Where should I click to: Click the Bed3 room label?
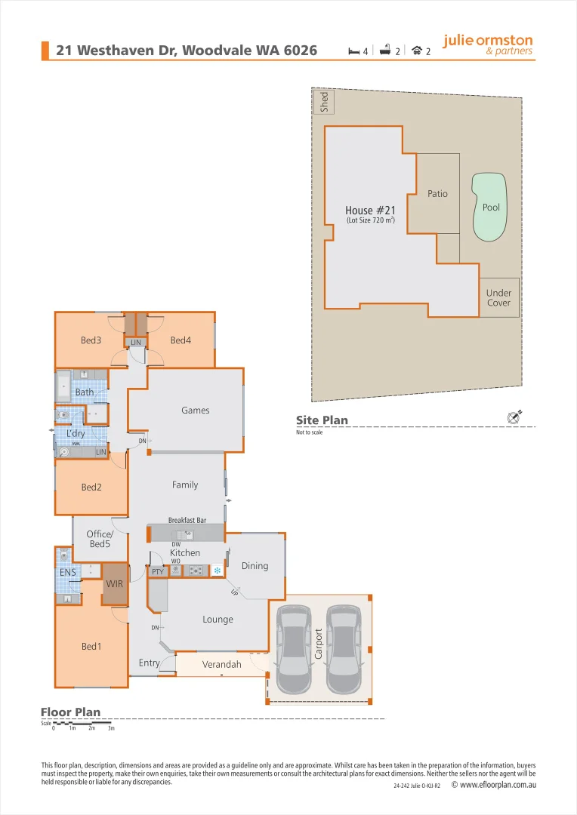[x=91, y=340]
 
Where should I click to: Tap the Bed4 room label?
[x=181, y=340]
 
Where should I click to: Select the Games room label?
[x=195, y=411]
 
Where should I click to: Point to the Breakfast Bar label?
[x=187, y=520]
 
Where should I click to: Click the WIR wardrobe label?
[x=115, y=583]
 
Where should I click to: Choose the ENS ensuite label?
[x=68, y=573]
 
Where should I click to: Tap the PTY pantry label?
[x=157, y=572]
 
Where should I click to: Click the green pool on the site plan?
[x=489, y=208]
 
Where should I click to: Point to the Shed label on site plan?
[x=325, y=103]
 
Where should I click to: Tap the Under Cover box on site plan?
[x=498, y=297]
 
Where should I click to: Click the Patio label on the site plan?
[x=437, y=194]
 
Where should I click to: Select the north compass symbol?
[x=516, y=417]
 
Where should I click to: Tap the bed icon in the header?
[x=353, y=51]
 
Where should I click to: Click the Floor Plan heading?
[x=70, y=712]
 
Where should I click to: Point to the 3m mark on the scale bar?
[x=111, y=728]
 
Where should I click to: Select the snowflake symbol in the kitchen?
[x=217, y=571]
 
